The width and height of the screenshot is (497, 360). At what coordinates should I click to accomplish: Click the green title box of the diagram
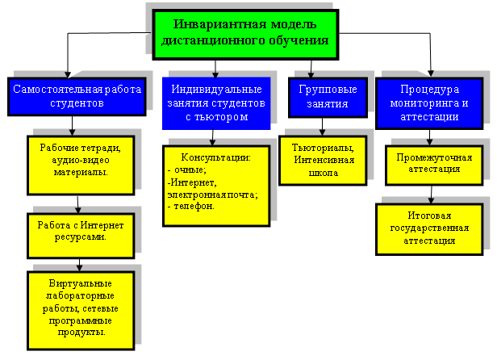point(245,35)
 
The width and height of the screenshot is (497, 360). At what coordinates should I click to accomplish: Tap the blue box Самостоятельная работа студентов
point(77,96)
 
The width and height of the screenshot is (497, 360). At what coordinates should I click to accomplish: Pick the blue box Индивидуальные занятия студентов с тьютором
point(216,103)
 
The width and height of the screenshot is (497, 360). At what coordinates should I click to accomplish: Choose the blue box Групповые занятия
point(328,97)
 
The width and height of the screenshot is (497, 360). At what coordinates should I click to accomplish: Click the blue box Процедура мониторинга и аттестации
point(429,103)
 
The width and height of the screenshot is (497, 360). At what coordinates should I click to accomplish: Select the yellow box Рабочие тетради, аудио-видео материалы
point(81,165)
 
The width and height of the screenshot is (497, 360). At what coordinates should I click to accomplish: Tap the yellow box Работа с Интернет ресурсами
point(81,236)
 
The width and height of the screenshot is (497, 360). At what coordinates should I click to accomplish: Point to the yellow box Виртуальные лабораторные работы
point(81,311)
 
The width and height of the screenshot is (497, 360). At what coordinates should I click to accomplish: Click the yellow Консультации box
point(216,186)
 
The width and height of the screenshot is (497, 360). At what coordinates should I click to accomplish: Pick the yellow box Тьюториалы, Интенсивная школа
point(323,161)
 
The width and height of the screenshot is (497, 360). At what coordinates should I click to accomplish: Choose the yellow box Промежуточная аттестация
point(434,165)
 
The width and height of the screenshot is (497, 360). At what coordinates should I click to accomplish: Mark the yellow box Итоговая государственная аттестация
point(429,229)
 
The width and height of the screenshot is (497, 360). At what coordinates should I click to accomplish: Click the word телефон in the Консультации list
point(194,206)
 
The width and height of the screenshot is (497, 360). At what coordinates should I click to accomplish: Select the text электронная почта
point(211,195)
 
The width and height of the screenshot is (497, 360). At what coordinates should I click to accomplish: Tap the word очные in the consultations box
point(190,170)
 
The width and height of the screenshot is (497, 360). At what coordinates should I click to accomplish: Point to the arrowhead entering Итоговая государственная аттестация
point(431,200)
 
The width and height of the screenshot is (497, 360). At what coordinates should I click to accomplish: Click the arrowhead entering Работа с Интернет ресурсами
point(78,210)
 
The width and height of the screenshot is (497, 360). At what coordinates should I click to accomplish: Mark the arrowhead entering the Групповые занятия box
point(311,74)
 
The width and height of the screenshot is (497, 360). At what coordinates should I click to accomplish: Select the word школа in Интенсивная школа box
point(324,174)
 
